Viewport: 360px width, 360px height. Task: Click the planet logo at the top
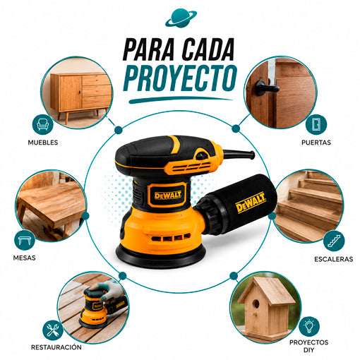pyautogui.click(x=181, y=18)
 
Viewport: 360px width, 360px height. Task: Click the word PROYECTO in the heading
pyautogui.click(x=180, y=78)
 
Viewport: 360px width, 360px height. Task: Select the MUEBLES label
pyautogui.click(x=43, y=143)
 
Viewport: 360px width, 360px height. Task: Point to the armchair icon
pyautogui.click(x=42, y=125)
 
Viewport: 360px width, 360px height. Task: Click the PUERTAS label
pyautogui.click(x=316, y=143)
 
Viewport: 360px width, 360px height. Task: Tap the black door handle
pyautogui.click(x=267, y=88)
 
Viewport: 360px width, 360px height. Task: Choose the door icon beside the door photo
pyautogui.click(x=316, y=124)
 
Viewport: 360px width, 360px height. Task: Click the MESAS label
pyautogui.click(x=24, y=258)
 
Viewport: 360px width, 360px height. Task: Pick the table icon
pyautogui.click(x=25, y=241)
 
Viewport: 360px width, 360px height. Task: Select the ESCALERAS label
pyautogui.click(x=333, y=259)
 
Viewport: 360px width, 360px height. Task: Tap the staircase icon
pyautogui.click(x=334, y=241)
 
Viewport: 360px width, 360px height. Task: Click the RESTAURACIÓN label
pyautogui.click(x=56, y=347)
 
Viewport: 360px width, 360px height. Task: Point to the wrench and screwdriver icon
pyautogui.click(x=53, y=330)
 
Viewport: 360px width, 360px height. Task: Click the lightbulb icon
pyautogui.click(x=309, y=327)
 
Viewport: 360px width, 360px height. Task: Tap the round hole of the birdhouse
pyautogui.click(x=256, y=304)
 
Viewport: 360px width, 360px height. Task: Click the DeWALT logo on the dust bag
pyautogui.click(x=251, y=203)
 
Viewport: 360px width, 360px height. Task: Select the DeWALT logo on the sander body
pyautogui.click(x=168, y=195)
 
